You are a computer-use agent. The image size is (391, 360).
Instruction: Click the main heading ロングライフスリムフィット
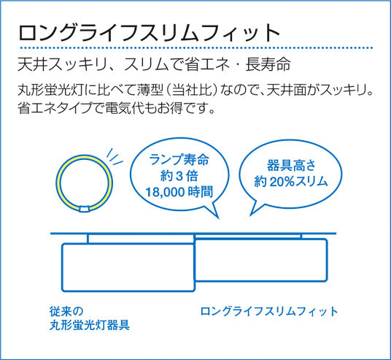150,33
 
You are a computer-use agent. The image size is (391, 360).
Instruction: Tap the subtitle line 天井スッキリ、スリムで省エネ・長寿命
154,64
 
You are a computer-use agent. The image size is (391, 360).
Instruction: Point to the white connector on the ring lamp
84,209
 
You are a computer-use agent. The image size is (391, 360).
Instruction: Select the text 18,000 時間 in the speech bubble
179,192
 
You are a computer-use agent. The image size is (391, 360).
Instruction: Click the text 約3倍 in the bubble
179,176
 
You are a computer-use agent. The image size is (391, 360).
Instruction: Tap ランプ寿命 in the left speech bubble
179,160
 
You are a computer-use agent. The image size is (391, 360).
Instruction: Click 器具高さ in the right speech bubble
291,165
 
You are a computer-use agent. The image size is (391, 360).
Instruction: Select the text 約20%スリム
291,181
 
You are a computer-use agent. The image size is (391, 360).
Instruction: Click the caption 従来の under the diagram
66,311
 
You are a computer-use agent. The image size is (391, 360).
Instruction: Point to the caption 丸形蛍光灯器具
90,325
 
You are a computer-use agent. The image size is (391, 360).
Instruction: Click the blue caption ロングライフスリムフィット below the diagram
269,312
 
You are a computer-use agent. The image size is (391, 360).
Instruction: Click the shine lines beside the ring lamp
115,157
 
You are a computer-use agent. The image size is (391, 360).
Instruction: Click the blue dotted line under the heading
195,47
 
